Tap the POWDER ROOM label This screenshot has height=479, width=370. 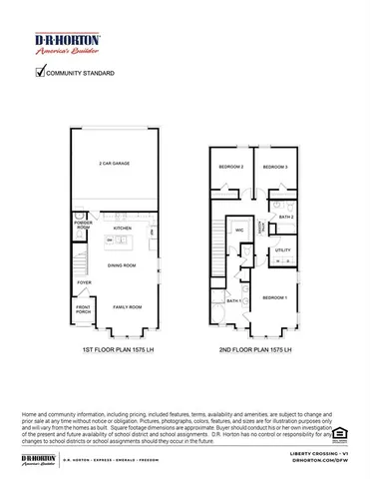coord(70,225)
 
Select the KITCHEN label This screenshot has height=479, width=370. coord(122,228)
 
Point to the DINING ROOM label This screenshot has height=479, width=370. coord(122,265)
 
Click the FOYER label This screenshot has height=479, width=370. coord(70,282)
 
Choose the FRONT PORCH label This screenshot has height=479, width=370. coord(70,309)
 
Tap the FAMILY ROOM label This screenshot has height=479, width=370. coord(127,306)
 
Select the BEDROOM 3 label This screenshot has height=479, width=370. coord(275,167)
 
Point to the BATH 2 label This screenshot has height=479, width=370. coord(285,217)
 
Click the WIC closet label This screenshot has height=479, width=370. coord(239,230)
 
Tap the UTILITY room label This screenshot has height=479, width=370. coord(282,249)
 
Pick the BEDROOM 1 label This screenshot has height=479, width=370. coord(275,297)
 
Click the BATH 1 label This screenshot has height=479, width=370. coord(232,300)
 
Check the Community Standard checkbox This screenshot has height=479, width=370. coord(41,72)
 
